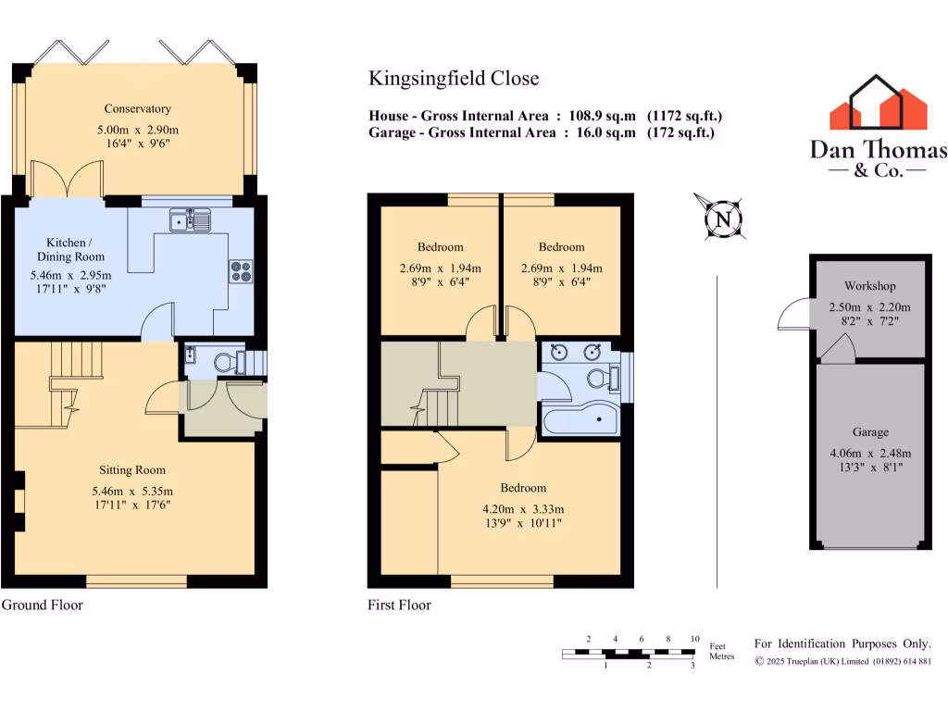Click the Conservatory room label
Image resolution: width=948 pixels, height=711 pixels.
(x=137, y=108)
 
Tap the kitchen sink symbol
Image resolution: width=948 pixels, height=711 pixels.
(x=190, y=220)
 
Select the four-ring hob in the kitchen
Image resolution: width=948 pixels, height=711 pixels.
(x=241, y=270)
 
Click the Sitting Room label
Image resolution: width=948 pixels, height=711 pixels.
(x=135, y=470)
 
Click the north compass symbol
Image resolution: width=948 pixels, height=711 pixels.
(x=719, y=218)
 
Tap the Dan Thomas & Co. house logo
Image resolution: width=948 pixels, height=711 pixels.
(x=878, y=103)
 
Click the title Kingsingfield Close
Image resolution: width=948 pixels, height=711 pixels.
(x=454, y=79)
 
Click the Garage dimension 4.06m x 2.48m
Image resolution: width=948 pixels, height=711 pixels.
(x=870, y=453)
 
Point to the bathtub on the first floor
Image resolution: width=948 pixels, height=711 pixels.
(x=580, y=422)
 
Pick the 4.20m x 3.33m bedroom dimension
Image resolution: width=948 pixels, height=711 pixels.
(x=523, y=508)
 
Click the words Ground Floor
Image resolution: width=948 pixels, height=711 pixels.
(x=42, y=605)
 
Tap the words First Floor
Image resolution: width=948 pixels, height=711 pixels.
(x=399, y=605)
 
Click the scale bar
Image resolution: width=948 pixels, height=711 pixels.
(x=629, y=654)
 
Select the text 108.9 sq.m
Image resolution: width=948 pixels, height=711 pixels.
(x=600, y=116)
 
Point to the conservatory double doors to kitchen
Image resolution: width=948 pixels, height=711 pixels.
(x=65, y=180)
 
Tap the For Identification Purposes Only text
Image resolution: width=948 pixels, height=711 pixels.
(x=842, y=643)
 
